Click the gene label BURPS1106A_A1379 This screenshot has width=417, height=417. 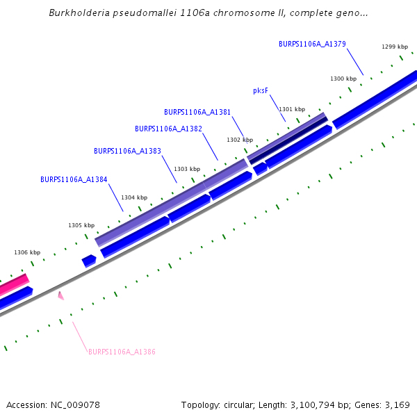coord(312,44)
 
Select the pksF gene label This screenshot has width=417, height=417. coord(261,90)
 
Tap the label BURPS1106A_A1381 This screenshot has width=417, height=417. coord(197,112)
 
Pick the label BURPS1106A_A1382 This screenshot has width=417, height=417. coord(168,129)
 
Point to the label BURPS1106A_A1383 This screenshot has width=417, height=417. coord(127,151)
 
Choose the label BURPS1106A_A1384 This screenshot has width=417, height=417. coord(74,179)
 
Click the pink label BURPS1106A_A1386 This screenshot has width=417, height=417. coord(122,352)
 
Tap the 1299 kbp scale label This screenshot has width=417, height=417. coord(395,47)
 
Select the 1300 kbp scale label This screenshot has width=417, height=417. coord(343,79)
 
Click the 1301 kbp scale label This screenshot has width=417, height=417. coord(292,109)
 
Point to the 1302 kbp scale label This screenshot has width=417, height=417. coord(240,140)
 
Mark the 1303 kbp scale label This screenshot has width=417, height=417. coord(187,169)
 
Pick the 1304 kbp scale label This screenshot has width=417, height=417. coord(134,197)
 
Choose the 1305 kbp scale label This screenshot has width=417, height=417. coord(81,225)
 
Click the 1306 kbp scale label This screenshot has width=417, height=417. coord(27,252)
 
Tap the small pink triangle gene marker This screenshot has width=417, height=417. coord(60,296)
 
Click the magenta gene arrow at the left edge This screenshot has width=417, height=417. coord(13,285)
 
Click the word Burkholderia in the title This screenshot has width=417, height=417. coord(80,13)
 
